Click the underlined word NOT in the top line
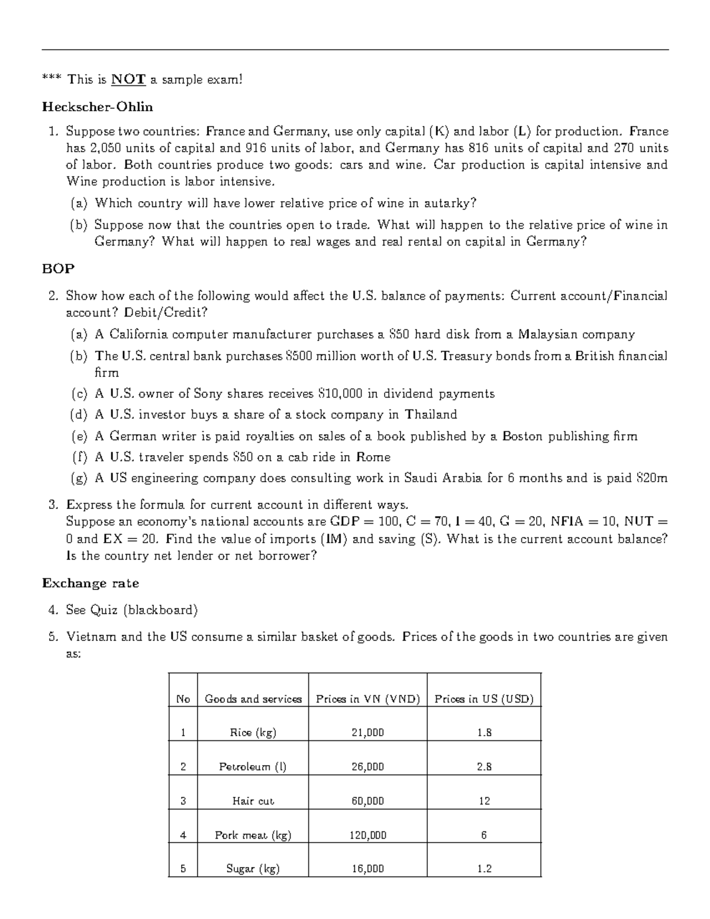128,79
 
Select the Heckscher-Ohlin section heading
98,107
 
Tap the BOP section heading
58,269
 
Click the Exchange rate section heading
91,583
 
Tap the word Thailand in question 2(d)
431,414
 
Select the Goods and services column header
253,699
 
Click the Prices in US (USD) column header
484,699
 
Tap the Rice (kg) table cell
253,733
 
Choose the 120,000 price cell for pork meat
367,836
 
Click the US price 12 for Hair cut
484,801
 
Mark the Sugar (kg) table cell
253,869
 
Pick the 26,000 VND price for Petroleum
367,767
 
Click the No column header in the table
183,699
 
